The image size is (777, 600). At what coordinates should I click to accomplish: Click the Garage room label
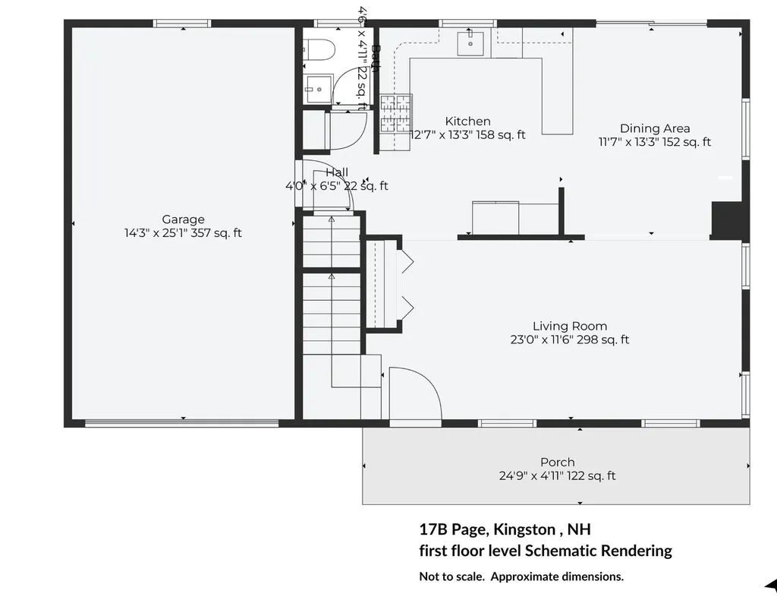tap(183, 219)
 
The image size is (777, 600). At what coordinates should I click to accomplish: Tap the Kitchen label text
tap(467, 122)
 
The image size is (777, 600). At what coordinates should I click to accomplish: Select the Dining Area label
tap(655, 128)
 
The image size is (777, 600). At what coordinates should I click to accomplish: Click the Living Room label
tap(569, 327)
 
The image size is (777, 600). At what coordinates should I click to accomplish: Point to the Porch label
tap(557, 462)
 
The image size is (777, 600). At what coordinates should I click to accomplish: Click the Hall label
tap(337, 172)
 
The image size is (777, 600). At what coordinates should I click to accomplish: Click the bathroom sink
tap(319, 89)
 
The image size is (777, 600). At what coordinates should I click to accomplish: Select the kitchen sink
tap(471, 44)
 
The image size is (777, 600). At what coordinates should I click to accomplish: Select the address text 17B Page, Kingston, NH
tap(504, 529)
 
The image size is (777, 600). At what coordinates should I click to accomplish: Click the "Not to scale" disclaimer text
tap(521, 576)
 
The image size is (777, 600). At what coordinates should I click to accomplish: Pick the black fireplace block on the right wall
tap(726, 221)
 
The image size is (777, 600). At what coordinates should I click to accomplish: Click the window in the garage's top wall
tap(183, 24)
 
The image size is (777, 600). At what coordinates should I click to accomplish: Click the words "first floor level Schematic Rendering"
tap(545, 551)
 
